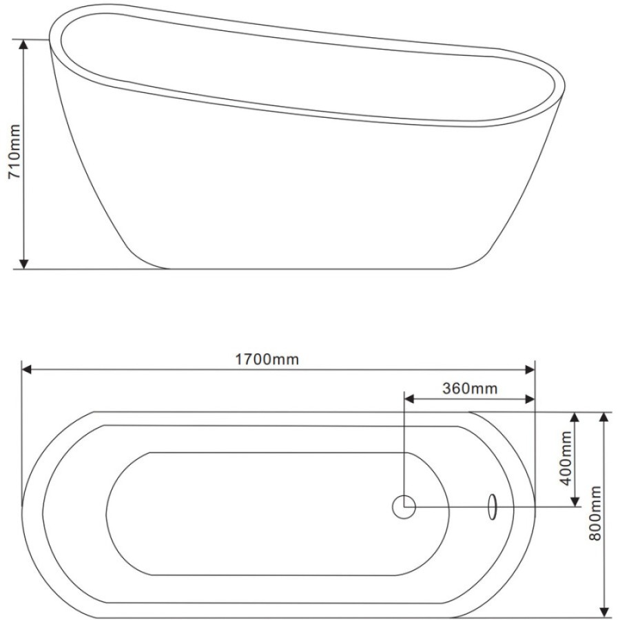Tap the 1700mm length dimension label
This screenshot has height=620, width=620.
pos(267,360)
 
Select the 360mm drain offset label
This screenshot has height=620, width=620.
pos(469,389)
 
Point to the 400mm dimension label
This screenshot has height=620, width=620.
pos(566,458)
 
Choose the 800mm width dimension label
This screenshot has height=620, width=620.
pos(595,513)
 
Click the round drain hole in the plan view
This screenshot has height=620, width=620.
pos(404,506)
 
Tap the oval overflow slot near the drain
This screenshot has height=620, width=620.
pos(493,506)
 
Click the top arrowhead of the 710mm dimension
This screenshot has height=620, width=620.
pos(23,44)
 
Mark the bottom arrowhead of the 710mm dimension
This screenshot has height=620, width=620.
pos(23,264)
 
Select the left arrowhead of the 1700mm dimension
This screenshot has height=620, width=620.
pos(27,370)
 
